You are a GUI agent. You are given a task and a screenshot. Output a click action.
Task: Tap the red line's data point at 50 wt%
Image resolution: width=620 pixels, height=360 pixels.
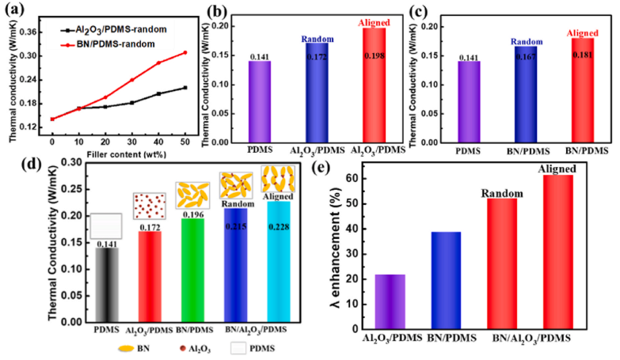point(184,53)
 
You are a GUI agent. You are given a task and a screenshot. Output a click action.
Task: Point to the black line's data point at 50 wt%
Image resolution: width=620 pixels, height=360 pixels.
point(184,87)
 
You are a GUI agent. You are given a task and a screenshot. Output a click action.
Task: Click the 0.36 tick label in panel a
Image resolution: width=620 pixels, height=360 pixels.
point(34,32)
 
